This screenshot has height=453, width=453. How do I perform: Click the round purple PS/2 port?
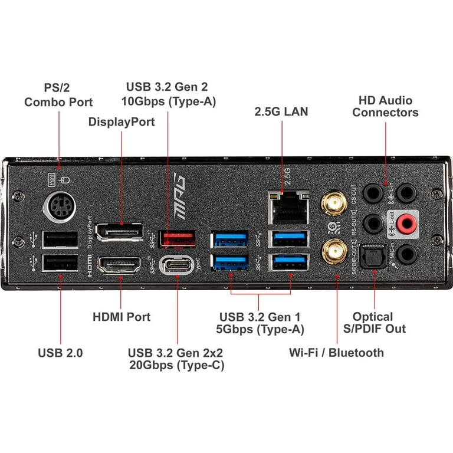[59, 206]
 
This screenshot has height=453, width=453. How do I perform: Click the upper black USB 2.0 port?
[60, 238]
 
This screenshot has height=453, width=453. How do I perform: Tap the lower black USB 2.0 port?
[60, 265]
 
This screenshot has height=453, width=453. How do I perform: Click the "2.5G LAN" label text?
[281, 111]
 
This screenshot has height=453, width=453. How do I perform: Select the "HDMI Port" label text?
[122, 317]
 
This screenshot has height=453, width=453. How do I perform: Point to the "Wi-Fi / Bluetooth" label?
[336, 353]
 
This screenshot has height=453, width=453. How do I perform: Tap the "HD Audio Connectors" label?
[386, 106]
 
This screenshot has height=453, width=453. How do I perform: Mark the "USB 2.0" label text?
[60, 353]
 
